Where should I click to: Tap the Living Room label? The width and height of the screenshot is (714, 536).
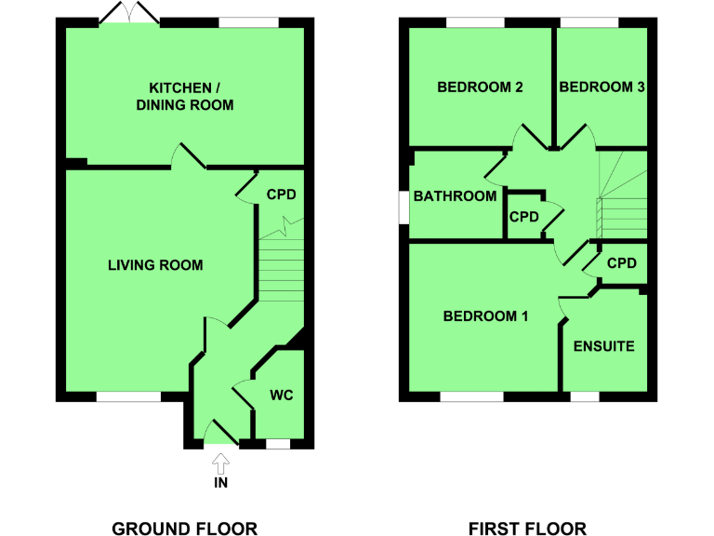pyautogui.click(x=155, y=265)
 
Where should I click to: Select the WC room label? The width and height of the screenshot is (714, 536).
pyautogui.click(x=282, y=395)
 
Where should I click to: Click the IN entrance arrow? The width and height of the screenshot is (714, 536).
pyautogui.click(x=220, y=462)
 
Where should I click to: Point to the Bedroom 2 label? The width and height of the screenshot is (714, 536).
pyautogui.click(x=480, y=87)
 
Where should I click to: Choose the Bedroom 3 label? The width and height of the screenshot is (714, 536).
pyautogui.click(x=602, y=87)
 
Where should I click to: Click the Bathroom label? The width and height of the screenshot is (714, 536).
pyautogui.click(x=455, y=196)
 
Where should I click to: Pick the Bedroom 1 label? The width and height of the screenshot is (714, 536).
pyautogui.click(x=485, y=316)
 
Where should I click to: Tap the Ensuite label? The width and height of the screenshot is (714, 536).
pyautogui.click(x=603, y=346)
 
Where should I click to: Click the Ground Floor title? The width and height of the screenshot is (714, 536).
pyautogui.click(x=184, y=529)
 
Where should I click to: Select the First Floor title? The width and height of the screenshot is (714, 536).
pyautogui.click(x=527, y=529)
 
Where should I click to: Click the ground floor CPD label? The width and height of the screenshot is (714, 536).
pyautogui.click(x=281, y=195)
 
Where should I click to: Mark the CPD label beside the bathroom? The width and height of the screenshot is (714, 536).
pyautogui.click(x=523, y=217)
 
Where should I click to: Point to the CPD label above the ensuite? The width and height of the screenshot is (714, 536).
pyautogui.click(x=621, y=264)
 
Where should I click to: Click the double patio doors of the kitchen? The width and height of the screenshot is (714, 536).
pyautogui.click(x=131, y=16)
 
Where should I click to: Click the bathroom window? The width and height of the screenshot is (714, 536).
pyautogui.click(x=404, y=208)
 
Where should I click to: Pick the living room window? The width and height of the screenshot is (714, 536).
pyautogui.click(x=128, y=396)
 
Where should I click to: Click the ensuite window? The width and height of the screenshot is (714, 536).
pyautogui.click(x=584, y=396)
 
